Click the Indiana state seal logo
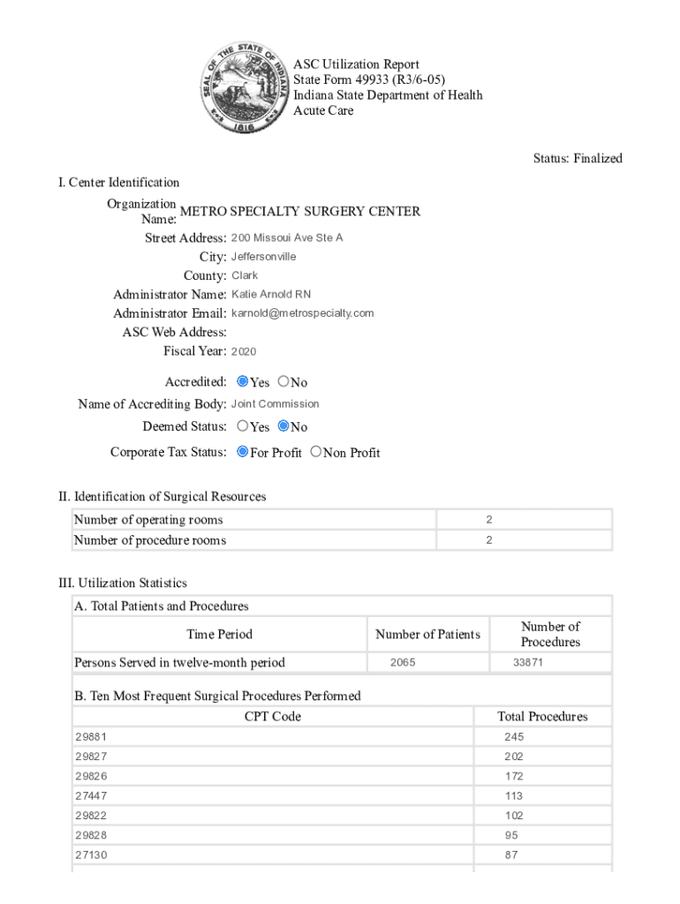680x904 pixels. click(246, 87)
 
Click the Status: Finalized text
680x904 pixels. click(578, 159)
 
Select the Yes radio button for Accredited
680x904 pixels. click(243, 382)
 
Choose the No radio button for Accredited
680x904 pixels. click(283, 382)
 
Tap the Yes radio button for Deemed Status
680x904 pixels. click(243, 426)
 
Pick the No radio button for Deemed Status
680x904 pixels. click(283, 426)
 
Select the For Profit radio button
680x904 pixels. click(243, 452)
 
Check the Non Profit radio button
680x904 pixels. click(316, 452)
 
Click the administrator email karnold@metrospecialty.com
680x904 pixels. click(302, 313)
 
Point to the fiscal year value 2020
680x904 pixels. click(244, 351)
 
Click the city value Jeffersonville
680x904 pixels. click(263, 257)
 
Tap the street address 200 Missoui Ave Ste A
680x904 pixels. click(287, 238)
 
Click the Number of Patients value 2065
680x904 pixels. click(403, 662)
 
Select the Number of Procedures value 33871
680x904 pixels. click(528, 662)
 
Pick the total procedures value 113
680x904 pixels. click(514, 795)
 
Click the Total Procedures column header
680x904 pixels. click(542, 716)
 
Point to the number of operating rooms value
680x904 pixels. click(488, 520)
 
